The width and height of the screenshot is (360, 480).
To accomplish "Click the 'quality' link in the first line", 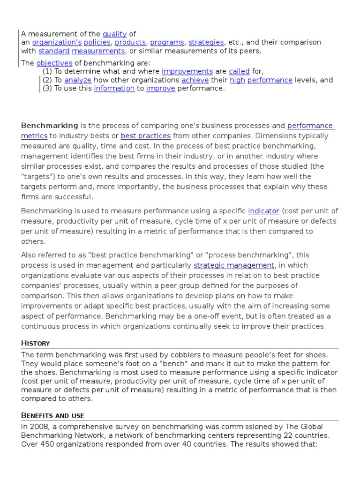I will click(x=115, y=34).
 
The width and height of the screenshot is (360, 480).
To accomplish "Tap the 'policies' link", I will click(x=97, y=43).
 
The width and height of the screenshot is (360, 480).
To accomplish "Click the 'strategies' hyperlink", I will click(x=206, y=43).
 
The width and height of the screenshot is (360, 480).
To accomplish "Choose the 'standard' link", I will click(x=54, y=51).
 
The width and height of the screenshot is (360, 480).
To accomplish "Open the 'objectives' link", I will click(x=54, y=63).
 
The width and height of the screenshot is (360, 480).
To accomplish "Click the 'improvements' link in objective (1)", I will click(x=187, y=72).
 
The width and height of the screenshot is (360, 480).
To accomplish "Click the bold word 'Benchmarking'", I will click(x=50, y=126).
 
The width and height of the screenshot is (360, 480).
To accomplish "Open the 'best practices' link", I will click(x=146, y=136).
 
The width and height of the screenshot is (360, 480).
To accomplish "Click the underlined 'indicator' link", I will click(x=263, y=211).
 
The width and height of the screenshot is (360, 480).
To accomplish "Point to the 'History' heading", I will click(x=35, y=343).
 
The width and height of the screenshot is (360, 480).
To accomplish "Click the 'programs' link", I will click(x=167, y=43).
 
